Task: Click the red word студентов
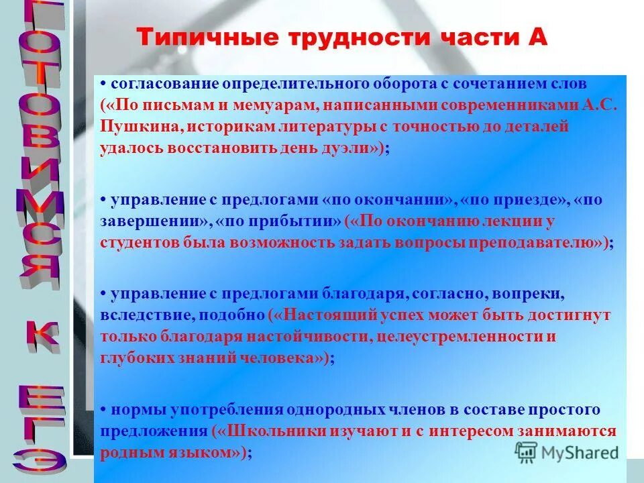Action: click(x=139, y=242)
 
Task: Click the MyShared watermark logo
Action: click(x=567, y=451)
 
